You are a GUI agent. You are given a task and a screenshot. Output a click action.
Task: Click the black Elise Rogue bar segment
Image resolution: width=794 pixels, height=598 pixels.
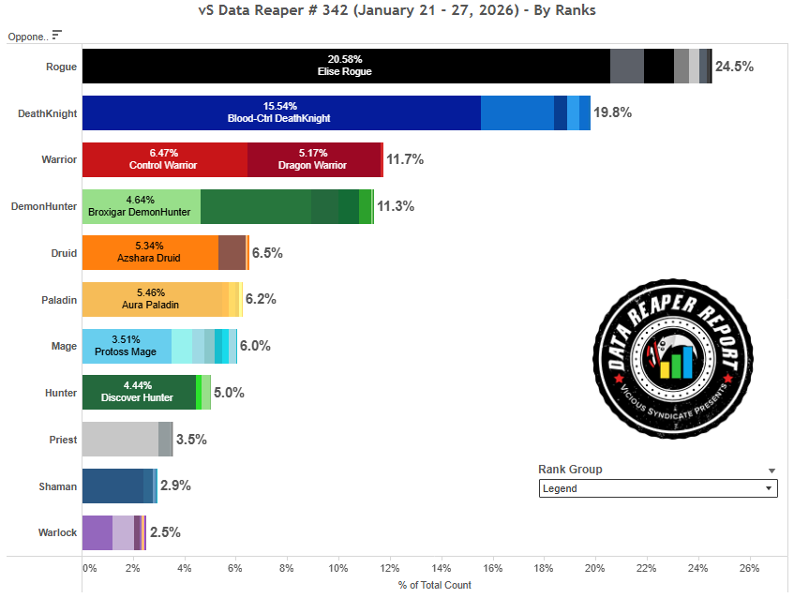(345, 67)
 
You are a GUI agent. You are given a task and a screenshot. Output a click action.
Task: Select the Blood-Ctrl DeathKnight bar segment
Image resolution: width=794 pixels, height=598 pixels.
(281, 112)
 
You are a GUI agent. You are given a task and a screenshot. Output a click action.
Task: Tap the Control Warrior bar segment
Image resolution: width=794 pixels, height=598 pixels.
(165, 159)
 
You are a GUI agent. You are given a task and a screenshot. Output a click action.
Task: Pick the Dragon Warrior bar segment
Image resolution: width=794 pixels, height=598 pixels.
(313, 159)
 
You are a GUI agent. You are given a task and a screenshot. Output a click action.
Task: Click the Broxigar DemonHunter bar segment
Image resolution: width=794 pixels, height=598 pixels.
(141, 206)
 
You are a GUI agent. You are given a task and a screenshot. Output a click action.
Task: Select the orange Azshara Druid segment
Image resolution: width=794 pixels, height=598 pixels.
(150, 252)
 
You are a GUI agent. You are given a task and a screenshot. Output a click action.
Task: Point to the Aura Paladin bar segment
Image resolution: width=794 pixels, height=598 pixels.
(154, 299)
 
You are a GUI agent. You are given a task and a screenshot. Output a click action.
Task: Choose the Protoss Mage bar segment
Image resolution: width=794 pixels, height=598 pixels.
(127, 346)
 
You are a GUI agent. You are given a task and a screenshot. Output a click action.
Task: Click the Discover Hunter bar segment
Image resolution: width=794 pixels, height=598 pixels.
(139, 392)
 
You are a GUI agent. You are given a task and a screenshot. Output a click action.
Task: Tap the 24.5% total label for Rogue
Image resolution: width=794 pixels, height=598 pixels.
(734, 67)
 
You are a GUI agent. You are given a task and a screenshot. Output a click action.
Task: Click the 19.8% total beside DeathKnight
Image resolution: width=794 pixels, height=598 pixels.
(612, 112)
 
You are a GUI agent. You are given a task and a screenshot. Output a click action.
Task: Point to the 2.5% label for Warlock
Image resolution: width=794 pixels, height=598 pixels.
(164, 532)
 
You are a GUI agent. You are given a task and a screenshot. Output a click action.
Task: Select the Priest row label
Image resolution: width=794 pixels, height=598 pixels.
(63, 439)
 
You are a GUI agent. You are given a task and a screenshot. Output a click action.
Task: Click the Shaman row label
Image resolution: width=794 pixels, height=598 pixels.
(59, 486)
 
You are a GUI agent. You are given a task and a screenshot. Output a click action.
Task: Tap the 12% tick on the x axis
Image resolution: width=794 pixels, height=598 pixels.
(390, 568)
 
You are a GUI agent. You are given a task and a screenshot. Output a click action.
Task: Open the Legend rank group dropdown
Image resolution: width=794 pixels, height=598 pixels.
(658, 488)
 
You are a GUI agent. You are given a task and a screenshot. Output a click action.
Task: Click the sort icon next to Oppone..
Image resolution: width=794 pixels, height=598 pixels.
(57, 35)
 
